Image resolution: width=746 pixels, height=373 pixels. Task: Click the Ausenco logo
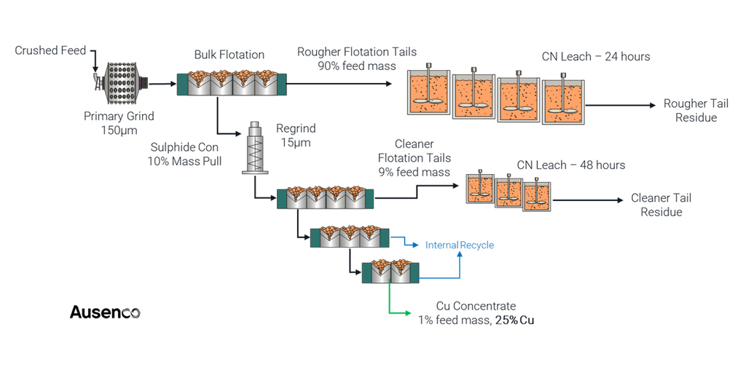click(x=105, y=313)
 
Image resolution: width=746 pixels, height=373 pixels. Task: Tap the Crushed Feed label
click(x=50, y=51)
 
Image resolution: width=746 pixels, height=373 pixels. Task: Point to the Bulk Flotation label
click(x=229, y=55)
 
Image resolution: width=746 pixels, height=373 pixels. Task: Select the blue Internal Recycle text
click(x=459, y=245)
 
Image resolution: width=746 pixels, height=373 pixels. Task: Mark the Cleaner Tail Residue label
click(x=661, y=205)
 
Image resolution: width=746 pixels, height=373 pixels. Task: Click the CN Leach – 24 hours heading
click(x=595, y=56)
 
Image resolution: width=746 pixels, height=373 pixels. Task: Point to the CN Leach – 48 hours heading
click(x=570, y=165)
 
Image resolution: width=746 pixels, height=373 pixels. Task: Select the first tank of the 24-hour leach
click(x=427, y=93)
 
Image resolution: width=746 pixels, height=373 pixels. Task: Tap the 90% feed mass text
click(x=356, y=66)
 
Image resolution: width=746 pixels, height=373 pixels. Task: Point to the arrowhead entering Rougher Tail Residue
click(x=651, y=105)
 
